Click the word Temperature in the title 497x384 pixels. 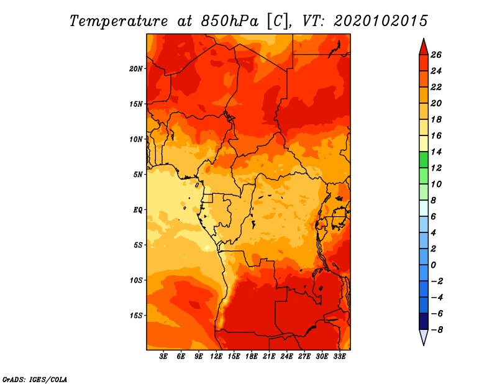(119, 21)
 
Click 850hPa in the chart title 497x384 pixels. (230, 21)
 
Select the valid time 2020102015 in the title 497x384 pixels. (381, 21)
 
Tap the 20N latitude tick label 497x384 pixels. (135, 69)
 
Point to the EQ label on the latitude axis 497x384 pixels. (137, 210)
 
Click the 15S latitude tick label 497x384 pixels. (135, 316)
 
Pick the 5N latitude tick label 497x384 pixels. (138, 175)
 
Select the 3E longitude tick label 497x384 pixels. (163, 356)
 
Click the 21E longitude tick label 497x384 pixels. (269, 356)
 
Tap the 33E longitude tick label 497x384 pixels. (339, 356)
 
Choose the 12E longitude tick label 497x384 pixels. (216, 356)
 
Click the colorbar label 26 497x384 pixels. (436, 55)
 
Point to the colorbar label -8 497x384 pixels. (437, 330)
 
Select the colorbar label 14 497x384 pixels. (436, 152)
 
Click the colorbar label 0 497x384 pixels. (433, 265)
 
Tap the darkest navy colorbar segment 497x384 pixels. (424, 321)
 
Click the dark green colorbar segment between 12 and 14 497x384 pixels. (424, 160)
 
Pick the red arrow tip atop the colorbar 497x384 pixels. (424, 39)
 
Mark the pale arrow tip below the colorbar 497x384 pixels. (424, 345)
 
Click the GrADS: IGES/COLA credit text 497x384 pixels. (35, 380)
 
